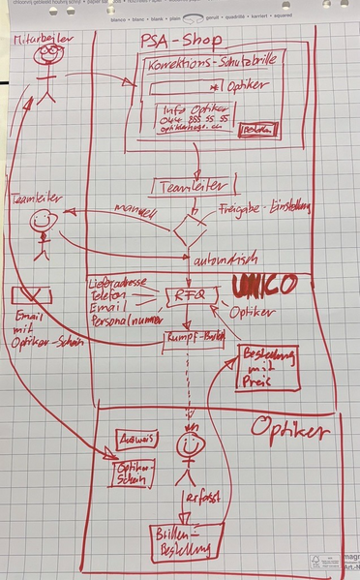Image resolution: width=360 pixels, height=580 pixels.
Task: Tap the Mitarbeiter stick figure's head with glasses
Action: pyautogui.click(x=47, y=56)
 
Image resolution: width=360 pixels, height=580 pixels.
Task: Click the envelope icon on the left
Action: pyautogui.click(x=30, y=296)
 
